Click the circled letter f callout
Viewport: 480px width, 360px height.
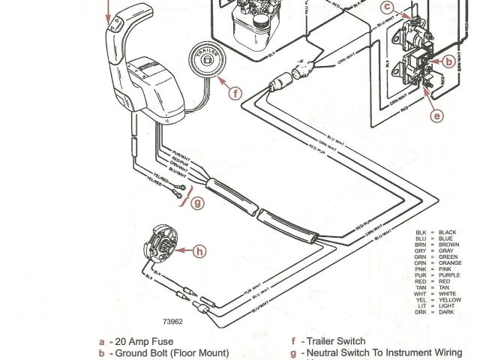pyautogui.click(x=235, y=94)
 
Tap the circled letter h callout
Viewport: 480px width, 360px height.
pyautogui.click(x=199, y=252)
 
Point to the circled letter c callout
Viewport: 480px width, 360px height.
pyautogui.click(x=387, y=8)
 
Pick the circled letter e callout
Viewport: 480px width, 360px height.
pyautogui.click(x=437, y=115)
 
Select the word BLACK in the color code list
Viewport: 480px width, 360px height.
pyautogui.click(x=448, y=232)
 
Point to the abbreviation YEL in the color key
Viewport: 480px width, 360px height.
pyautogui.click(x=421, y=299)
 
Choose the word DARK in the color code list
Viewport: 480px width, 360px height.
pyautogui.click(x=446, y=311)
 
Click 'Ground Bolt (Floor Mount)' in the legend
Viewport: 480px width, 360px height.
pyautogui.click(x=172, y=352)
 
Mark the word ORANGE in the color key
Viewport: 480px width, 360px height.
pyautogui.click(x=451, y=263)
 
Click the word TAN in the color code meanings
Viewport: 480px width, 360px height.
pyautogui.click(x=445, y=287)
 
